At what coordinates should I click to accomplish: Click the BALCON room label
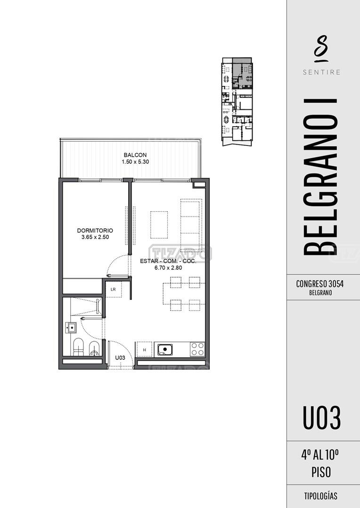pos(135,155)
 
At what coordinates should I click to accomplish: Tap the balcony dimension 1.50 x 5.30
pos(135,161)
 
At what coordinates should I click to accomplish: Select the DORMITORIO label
pos(95,231)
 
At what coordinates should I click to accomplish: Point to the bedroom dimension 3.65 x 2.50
pos(95,237)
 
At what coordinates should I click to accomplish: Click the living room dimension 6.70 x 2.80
pos(168,267)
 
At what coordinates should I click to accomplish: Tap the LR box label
pos(113,290)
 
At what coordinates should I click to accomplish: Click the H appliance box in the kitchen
pos(145,350)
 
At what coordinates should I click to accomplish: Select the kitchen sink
pos(165,350)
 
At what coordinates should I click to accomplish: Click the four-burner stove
pos(197,349)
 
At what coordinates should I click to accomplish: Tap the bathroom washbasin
pos(71,328)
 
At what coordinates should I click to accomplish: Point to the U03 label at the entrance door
pos(120,358)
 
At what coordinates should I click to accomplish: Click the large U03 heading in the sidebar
pos(322,418)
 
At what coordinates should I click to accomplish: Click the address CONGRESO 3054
pos(320,284)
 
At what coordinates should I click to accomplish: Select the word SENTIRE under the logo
pos(322,72)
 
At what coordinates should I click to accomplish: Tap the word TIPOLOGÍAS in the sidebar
pos(321,496)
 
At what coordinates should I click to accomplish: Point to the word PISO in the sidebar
pos(321,472)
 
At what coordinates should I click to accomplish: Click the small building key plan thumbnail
pos(237,102)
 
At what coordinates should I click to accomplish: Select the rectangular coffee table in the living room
pos(159,224)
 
